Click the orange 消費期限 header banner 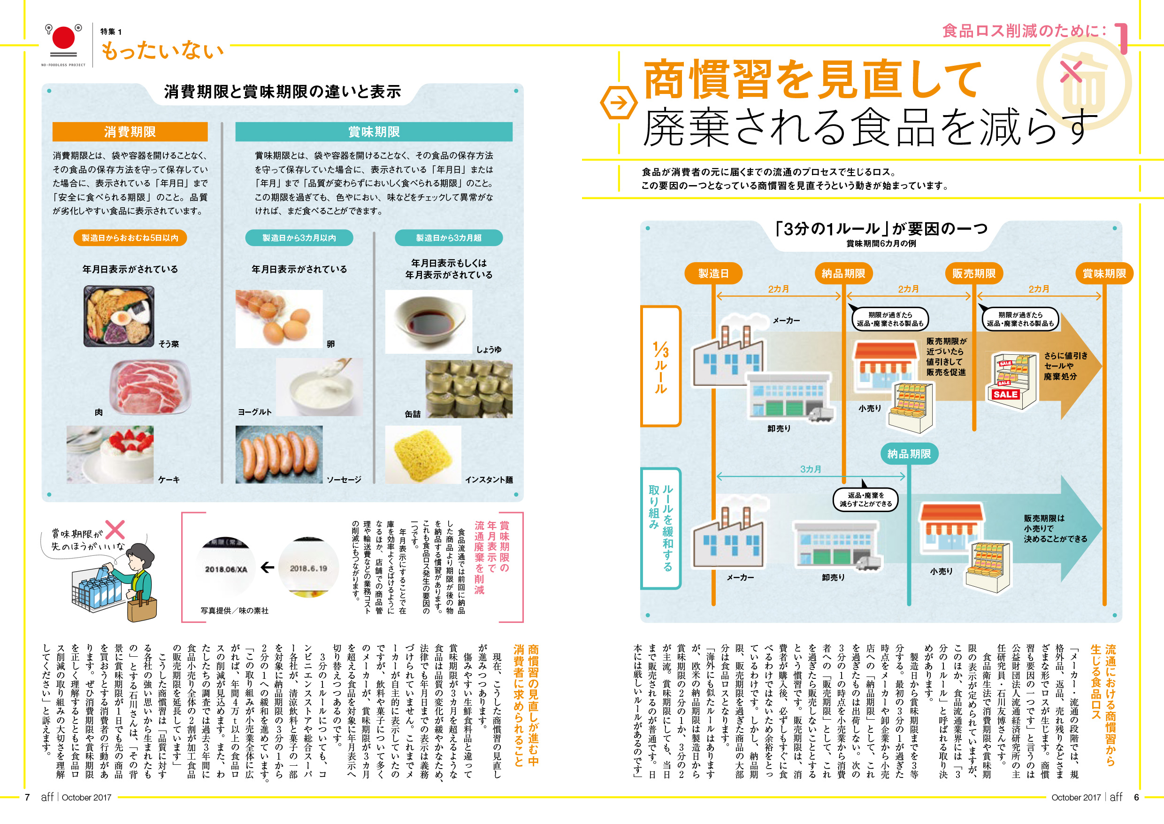click(130, 132)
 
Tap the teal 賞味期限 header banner click(374, 132)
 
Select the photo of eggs click(279, 319)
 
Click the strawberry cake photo click(110, 454)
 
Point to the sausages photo click(279, 454)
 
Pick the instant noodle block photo click(423, 454)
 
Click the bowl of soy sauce click(429, 321)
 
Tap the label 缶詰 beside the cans click(413, 414)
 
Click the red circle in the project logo click(64, 38)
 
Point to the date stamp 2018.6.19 click(308, 568)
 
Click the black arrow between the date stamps click(267, 567)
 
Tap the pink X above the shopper click(115, 529)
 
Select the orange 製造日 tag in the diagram click(713, 273)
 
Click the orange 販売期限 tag click(973, 273)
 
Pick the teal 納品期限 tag click(909, 454)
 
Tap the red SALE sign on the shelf click(1005, 394)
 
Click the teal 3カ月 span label click(810, 469)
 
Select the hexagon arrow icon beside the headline click(619, 103)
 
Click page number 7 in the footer click(27, 797)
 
